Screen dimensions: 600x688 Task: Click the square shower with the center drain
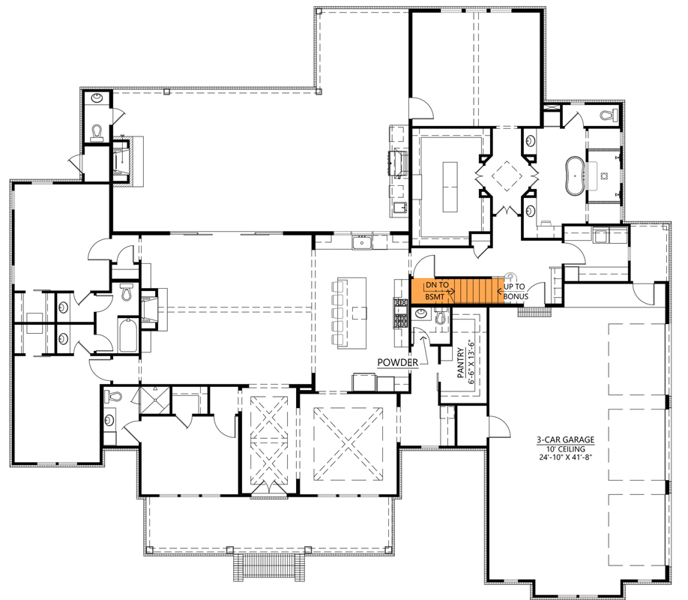click(154, 400)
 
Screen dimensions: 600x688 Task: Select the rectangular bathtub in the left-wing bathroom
click(128, 336)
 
